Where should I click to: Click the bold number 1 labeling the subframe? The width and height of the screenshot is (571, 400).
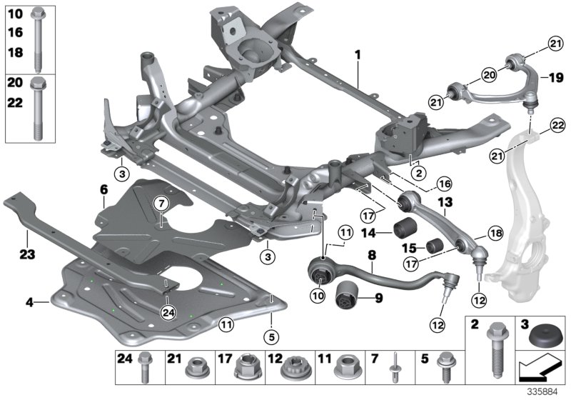click(358, 54)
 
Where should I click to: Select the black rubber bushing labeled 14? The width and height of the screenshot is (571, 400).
click(405, 230)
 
